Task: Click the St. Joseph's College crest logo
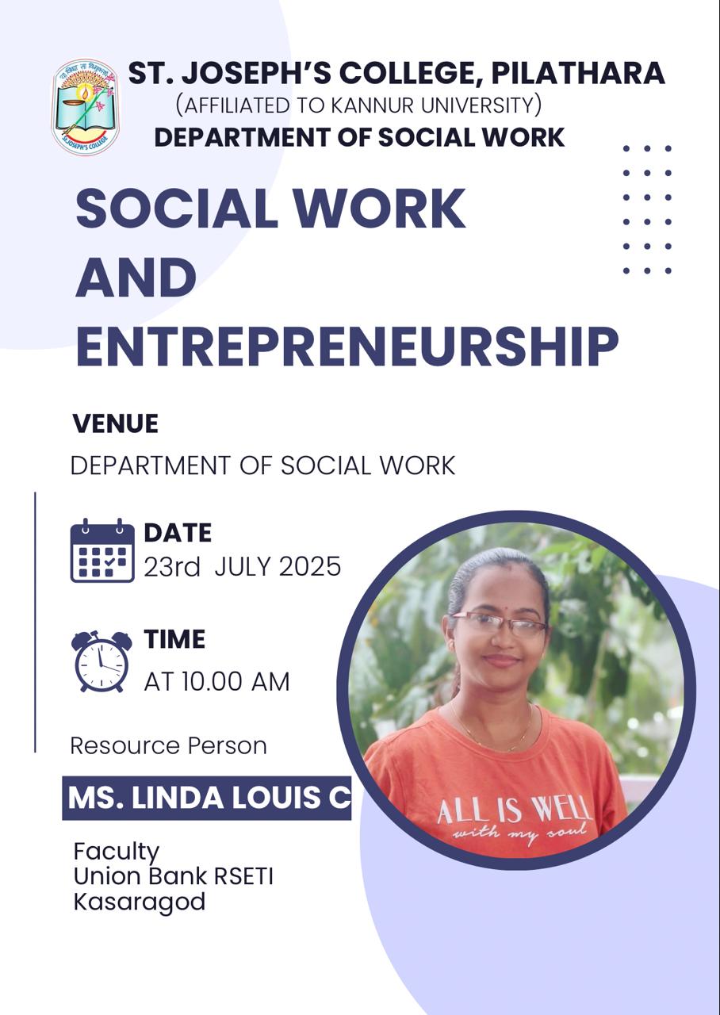85,107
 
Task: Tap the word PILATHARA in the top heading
578,73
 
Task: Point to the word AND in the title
136,277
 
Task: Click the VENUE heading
115,423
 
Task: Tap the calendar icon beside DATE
102,550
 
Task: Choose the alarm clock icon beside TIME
101,661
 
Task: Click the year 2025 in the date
309,566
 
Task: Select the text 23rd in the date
172,566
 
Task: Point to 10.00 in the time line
212,681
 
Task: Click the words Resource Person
169,746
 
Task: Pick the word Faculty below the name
117,852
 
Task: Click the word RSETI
243,876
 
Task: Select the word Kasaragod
140,902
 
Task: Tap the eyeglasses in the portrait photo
500,624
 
